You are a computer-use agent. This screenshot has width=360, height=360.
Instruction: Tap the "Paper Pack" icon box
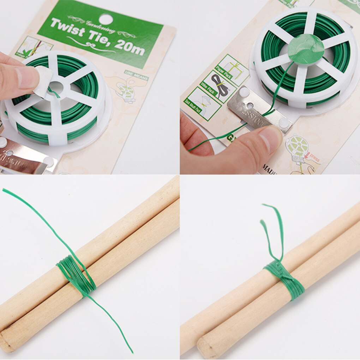[233, 69]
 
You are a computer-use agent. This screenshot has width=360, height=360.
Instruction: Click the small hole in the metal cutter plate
[250, 105]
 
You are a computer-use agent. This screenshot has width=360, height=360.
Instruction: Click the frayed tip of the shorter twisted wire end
[263, 222]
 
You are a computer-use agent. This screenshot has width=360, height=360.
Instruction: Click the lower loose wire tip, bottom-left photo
[132, 352]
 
